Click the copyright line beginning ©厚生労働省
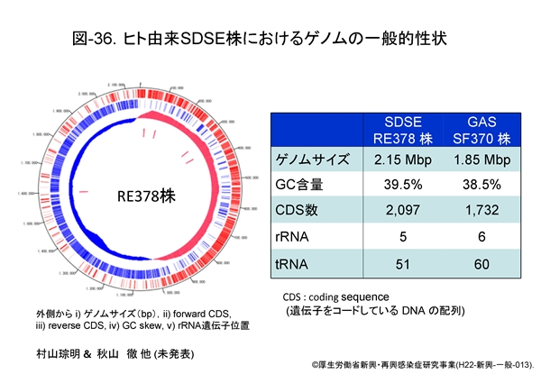tap(424, 365)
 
